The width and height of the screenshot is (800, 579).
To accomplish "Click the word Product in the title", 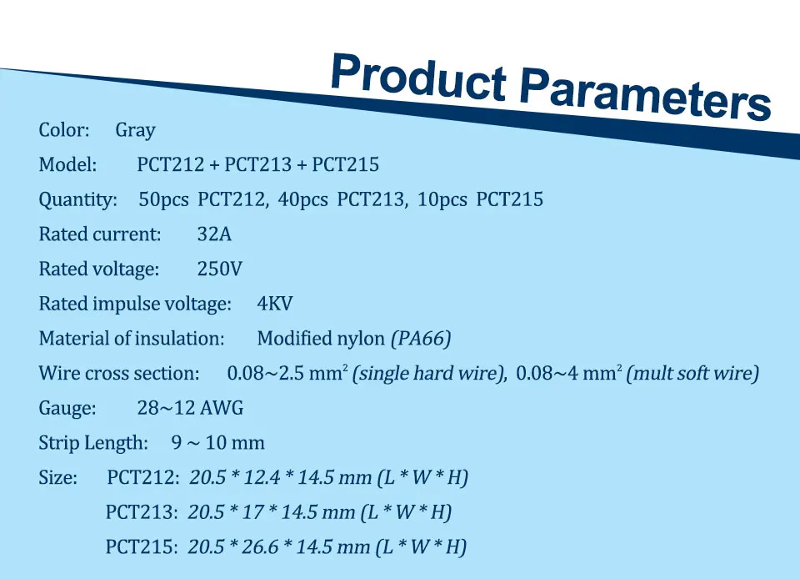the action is (418, 77).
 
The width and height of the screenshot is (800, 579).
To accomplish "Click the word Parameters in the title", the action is (645, 95).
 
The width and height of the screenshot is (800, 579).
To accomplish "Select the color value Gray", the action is (135, 131).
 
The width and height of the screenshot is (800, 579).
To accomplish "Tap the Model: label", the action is (67, 164).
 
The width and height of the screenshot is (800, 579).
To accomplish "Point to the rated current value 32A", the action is (214, 234).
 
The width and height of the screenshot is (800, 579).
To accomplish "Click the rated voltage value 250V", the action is (219, 269).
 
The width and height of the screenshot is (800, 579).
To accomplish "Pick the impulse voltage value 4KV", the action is (274, 304).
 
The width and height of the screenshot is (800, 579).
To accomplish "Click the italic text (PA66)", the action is (421, 339).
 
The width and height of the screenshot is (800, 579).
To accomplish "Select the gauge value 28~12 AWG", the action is (190, 407).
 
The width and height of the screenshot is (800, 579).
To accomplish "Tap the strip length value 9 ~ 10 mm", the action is (217, 442).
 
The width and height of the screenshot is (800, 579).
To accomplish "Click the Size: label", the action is (57, 477).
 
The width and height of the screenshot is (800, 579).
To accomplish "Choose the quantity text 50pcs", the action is (163, 199).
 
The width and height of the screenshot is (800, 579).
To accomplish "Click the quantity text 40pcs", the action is (302, 199).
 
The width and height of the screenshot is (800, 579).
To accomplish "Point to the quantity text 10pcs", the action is (442, 199).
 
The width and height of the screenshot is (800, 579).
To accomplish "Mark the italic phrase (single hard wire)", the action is (427, 373).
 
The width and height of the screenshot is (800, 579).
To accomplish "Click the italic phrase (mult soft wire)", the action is (692, 373).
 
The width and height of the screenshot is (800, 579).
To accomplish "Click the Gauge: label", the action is (67, 408).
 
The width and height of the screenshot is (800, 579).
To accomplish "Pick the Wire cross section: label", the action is (119, 373).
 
